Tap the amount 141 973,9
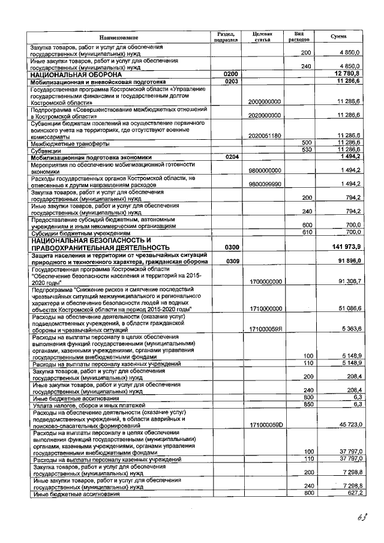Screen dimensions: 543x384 click(x=345, y=247)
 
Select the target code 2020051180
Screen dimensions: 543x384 click(x=265, y=136)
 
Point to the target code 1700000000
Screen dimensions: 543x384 click(x=265, y=281)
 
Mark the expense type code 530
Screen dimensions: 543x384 click(x=306, y=150)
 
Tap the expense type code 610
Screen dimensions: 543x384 click(x=306, y=232)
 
